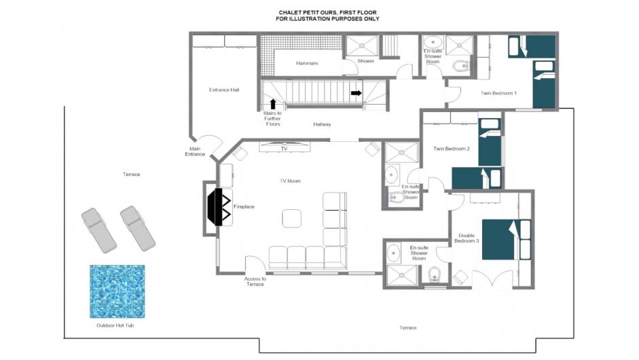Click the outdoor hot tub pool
point(117,291)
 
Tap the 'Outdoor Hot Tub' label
point(115,325)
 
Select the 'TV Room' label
point(290,181)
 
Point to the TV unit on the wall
point(285,145)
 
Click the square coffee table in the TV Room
point(291,218)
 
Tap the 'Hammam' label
point(307,63)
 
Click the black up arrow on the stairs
point(272,105)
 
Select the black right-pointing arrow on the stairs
point(357,93)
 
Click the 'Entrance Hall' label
point(224,90)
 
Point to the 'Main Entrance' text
point(195,151)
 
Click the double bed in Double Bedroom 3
point(506,240)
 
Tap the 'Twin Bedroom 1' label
point(498,93)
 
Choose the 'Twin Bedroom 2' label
point(452,149)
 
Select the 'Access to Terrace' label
point(255,281)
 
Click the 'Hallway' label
point(322,124)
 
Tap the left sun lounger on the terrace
point(98,230)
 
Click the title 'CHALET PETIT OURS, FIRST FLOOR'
point(328,13)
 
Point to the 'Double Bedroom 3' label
point(467,238)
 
